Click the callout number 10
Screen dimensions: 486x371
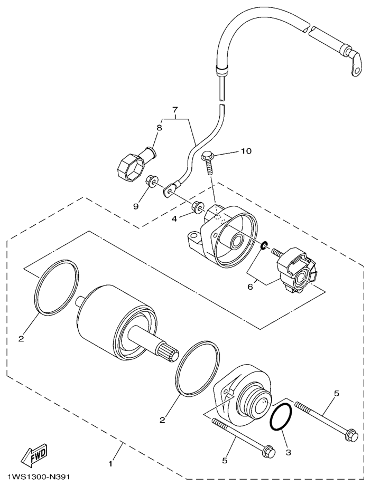point(246,151)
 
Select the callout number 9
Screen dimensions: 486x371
point(135,206)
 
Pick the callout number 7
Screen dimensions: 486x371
point(174,111)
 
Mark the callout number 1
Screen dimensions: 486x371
point(110,464)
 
